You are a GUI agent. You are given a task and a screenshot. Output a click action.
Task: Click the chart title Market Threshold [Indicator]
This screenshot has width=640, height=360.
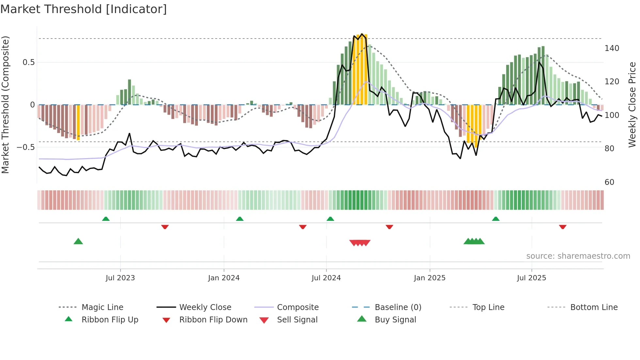tap(84, 9)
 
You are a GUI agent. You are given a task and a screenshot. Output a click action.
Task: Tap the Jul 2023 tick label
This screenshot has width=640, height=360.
tap(120, 278)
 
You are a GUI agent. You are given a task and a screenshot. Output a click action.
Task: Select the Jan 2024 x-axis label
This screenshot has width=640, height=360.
tap(224, 278)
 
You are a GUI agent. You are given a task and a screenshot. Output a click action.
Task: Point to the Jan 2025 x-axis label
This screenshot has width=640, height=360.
tap(429, 278)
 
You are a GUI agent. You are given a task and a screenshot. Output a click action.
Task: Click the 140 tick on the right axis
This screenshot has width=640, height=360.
tap(612, 48)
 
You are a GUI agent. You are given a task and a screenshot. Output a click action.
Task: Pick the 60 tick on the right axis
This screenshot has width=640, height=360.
tap(609, 182)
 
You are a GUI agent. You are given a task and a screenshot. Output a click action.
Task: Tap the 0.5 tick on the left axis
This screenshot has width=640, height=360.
tap(28, 62)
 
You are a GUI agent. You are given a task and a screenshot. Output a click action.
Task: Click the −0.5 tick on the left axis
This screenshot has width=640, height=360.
tap(26, 147)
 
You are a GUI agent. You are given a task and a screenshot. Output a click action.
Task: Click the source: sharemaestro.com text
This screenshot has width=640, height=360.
tap(578, 256)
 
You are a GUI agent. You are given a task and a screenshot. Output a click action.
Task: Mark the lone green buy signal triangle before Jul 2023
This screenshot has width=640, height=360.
tap(78, 241)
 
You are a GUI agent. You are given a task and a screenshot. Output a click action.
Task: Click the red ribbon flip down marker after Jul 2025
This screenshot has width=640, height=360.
tap(563, 227)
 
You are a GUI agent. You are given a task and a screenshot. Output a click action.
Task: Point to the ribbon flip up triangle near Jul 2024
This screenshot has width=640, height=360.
tap(330, 219)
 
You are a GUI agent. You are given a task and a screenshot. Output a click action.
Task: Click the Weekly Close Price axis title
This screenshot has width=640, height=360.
tap(632, 105)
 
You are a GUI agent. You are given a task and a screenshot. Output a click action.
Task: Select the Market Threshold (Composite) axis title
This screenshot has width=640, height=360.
tap(5, 105)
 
